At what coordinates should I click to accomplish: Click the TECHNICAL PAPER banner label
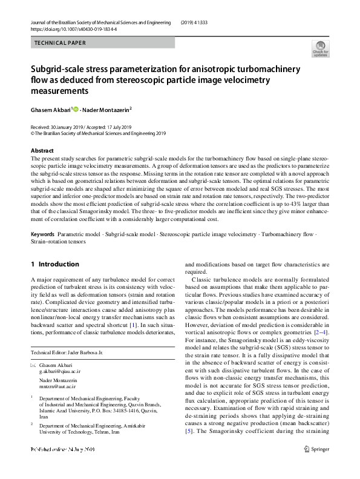tap(61, 43)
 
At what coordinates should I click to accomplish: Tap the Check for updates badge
tap(320, 48)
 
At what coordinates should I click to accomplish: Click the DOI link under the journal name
tap(73, 29)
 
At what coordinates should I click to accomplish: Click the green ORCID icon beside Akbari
tap(76, 110)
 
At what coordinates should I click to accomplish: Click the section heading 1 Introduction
tap(54, 264)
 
